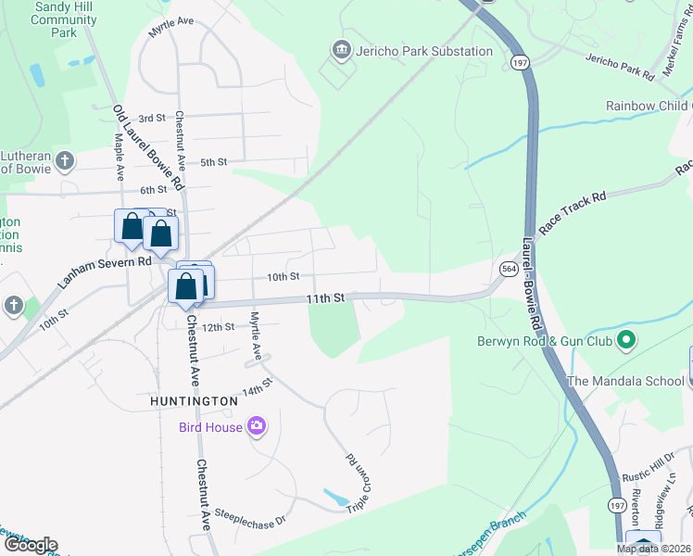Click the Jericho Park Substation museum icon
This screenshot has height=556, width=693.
[x=340, y=49]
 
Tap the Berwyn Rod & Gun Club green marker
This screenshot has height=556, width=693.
[x=625, y=340]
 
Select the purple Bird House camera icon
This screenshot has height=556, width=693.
[x=257, y=426]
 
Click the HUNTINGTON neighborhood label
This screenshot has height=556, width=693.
[x=195, y=400]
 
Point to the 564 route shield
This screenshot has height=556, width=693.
[x=509, y=269]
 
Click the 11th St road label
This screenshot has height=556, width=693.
[x=326, y=298]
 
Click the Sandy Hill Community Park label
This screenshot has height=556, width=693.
[x=63, y=19]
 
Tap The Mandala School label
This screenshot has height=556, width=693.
[x=626, y=381]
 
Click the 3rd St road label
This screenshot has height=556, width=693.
[x=151, y=119]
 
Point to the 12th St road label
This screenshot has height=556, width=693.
[x=219, y=327]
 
